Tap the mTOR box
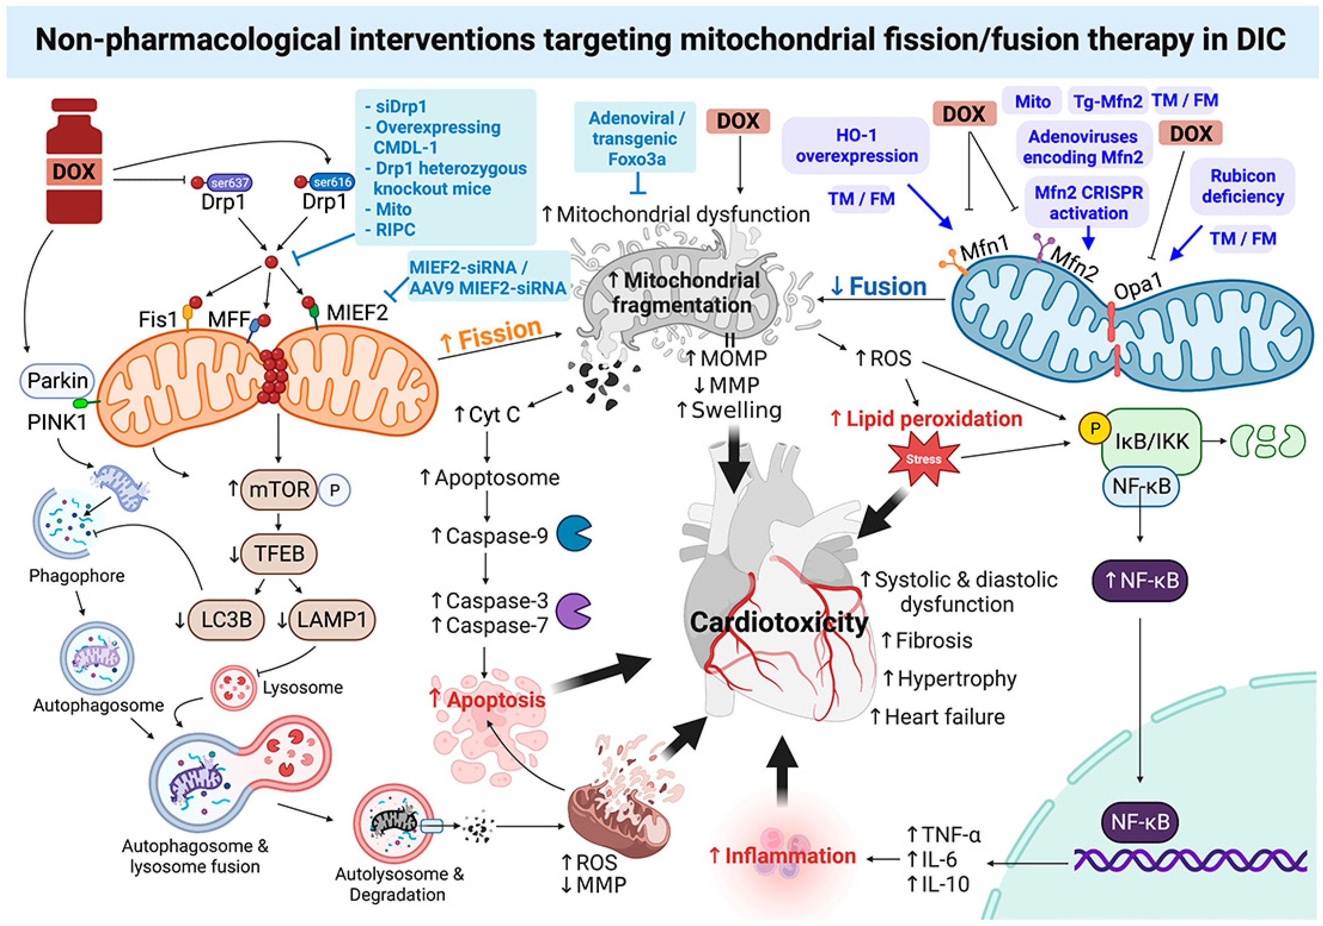pyautogui.click(x=279, y=489)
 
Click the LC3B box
pyautogui.click(x=226, y=620)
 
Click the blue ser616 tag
pyautogui.click(x=332, y=182)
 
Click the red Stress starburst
pyautogui.click(x=924, y=459)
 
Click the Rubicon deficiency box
pyautogui.click(x=1243, y=186)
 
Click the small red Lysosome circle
pyautogui.click(x=233, y=687)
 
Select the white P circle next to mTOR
pyautogui.click(x=334, y=490)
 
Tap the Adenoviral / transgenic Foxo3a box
pyautogui.click(x=635, y=138)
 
